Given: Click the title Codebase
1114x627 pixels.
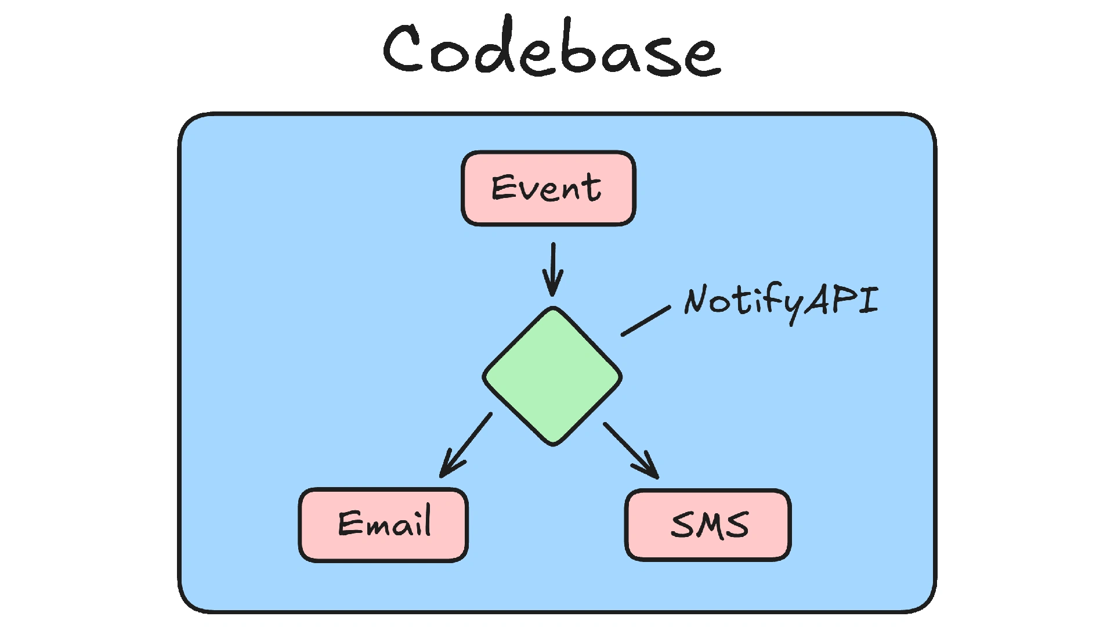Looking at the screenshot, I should (551, 49).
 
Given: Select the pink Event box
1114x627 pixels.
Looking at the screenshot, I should (548, 188).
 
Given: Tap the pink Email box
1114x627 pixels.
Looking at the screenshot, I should (383, 525).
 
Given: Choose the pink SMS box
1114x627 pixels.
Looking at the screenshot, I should (708, 525).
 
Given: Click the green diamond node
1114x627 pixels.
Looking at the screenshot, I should (552, 376).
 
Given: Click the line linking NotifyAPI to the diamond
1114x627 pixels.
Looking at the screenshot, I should (646, 321).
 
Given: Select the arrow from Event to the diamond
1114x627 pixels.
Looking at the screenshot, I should (553, 267).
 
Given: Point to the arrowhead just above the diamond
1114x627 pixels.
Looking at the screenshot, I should (553, 287).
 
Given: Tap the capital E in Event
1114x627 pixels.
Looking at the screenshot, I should (502, 188).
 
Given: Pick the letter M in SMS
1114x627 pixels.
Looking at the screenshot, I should (710, 526).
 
